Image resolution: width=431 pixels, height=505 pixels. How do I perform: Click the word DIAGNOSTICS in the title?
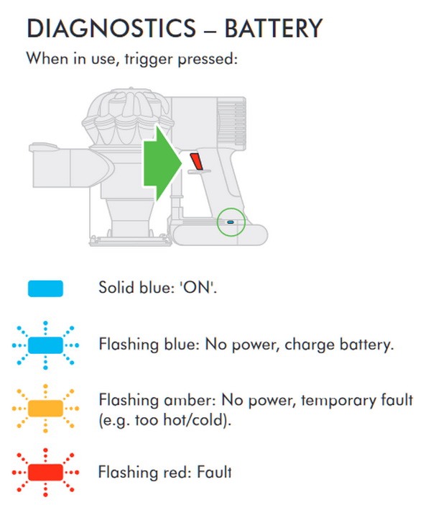pos(111,28)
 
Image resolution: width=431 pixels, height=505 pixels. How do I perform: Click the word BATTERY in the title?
pos(274,28)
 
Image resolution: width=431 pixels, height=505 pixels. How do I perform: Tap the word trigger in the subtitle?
pos(149,59)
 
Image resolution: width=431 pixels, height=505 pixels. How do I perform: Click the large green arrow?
pos(163,163)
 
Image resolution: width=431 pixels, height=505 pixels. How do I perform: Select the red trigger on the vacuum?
pos(196,161)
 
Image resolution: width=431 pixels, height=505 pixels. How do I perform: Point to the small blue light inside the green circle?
pos(231,222)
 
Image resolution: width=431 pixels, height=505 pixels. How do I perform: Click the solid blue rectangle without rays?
pos(45,288)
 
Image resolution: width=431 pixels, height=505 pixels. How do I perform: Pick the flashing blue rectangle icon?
pos(45,345)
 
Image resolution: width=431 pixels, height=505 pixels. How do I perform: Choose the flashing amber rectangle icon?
pos(45,409)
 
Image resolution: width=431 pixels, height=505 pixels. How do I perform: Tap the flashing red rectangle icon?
pos(45,473)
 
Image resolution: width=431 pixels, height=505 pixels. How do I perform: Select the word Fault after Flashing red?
pos(214,472)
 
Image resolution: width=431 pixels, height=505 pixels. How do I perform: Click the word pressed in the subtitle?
pos(207,59)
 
